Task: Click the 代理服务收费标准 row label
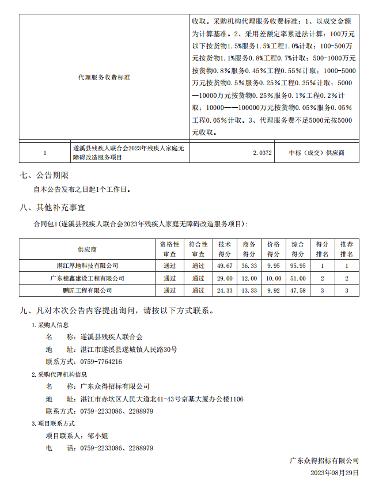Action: [104, 77]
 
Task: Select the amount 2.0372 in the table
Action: [262, 153]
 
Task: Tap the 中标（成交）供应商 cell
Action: [316, 153]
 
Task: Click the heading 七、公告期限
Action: [44, 175]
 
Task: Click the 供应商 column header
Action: [88, 249]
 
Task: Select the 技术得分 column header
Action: [225, 249]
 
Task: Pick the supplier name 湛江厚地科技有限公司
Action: [88, 266]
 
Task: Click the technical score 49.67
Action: [225, 266]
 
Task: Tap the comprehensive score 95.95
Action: [298, 266]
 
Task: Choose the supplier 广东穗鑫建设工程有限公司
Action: [88, 278]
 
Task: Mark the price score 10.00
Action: [274, 278]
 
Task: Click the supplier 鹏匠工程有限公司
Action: [88, 290]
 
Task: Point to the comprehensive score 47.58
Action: [298, 290]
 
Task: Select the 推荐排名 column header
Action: [347, 249]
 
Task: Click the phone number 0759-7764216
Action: [101, 362]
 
